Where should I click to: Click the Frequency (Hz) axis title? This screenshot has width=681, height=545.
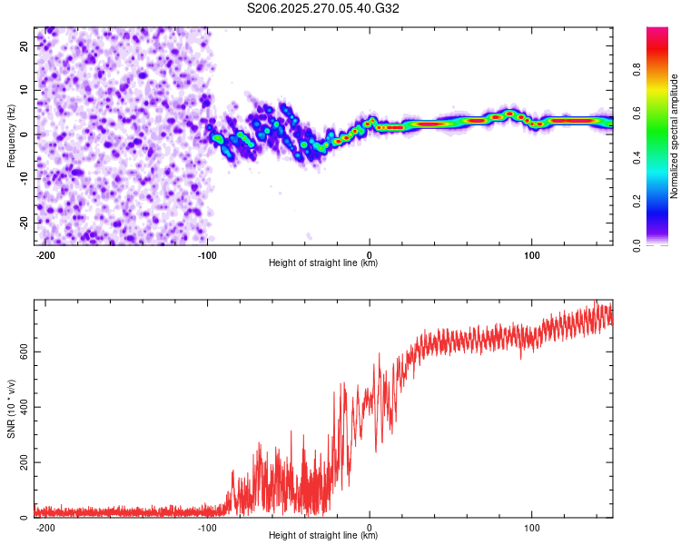point(12,135)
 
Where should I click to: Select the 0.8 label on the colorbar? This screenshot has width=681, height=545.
point(637,72)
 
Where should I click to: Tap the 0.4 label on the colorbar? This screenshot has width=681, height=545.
point(637,157)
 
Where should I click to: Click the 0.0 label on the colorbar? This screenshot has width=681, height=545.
point(637,243)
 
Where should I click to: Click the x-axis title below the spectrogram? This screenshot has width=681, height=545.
point(323,263)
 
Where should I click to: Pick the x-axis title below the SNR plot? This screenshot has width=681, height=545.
point(323,536)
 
